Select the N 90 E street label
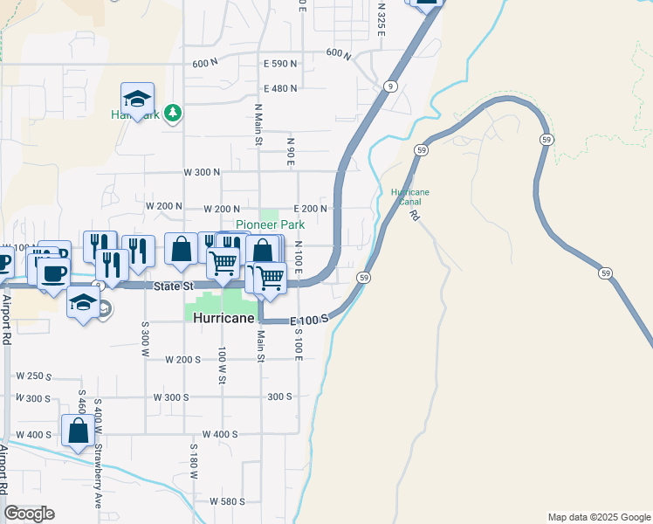pyautogui.click(x=291, y=150)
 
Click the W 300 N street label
pyautogui.click(x=202, y=172)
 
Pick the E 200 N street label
pyautogui.click(x=311, y=209)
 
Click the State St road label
pyautogui.click(x=174, y=286)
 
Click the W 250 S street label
pyautogui.click(x=35, y=376)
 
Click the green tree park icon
pyautogui.click(x=174, y=113)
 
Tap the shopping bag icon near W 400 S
pyautogui.click(x=79, y=431)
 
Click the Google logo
pyautogui.click(x=29, y=514)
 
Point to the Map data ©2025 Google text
pyautogui.click(x=598, y=517)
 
